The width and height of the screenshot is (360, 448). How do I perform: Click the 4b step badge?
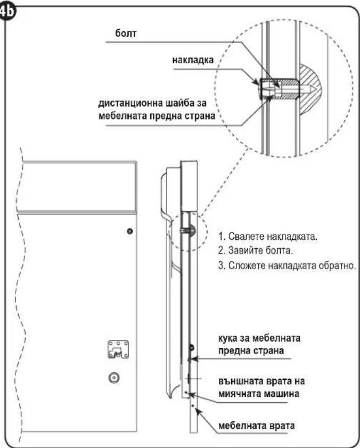pos(7,13)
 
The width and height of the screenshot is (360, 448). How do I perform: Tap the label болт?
pos(126,34)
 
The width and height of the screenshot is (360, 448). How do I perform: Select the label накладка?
pos(193,60)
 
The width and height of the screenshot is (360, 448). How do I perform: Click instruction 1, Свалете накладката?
pos(268,237)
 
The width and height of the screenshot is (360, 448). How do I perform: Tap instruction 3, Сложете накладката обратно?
pos(287,266)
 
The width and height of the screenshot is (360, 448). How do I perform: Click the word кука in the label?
pos(228,338)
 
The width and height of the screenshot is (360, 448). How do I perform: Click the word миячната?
pos(239,394)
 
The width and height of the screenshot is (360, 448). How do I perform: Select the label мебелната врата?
pos(257,426)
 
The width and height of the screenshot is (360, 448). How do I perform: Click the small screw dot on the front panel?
pos(130,231)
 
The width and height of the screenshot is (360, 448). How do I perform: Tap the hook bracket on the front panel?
pos(118,349)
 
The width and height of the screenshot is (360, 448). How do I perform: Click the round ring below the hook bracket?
pos(114,378)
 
